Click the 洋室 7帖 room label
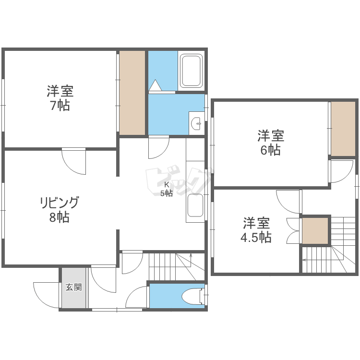tap(60, 97)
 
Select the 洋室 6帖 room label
tap(271, 143)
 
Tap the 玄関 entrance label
tap(74, 288)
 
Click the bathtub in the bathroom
tap(191, 72)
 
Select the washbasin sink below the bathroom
tap(197, 123)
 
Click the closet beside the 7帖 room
tap(132, 93)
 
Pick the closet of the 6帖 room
tap(343, 128)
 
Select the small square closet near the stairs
tap(315, 231)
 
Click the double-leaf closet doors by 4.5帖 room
tap(293, 231)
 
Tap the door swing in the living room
tap(74, 161)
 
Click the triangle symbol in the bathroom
tap(156, 85)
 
